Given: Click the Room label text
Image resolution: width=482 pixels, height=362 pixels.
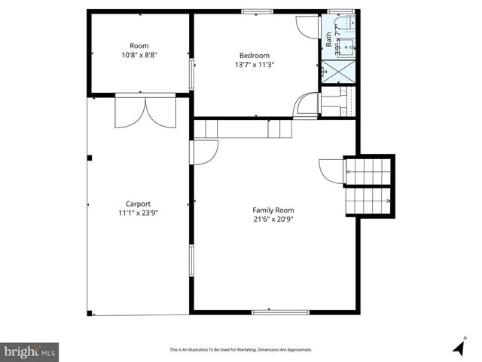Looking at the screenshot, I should coord(139,45).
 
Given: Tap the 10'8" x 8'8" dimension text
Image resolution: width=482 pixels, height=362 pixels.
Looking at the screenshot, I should coord(139,54).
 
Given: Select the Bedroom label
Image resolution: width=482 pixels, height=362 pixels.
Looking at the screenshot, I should coord(255,55).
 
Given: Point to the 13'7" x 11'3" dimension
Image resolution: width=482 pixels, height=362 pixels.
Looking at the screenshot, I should coord(255,64).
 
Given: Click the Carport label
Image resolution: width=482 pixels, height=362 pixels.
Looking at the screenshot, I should coord(138,204).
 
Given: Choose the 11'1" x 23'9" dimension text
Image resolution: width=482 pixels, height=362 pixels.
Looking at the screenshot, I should coord(138,213).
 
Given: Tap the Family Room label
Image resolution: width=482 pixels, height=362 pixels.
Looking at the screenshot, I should coord(273,210).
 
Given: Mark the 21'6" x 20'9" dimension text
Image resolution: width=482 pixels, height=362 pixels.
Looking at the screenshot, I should coord(273,219).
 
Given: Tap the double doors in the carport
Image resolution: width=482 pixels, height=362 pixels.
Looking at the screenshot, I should coord(145,112).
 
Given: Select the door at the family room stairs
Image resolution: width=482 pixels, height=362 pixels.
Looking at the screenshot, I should coord(331,169).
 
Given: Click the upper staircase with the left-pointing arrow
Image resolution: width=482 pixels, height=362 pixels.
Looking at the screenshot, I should coord(369,171).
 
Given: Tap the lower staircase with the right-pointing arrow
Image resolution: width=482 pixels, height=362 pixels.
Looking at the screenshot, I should coord(369,201).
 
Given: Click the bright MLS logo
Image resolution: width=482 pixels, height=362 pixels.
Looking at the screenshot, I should coord(29,351).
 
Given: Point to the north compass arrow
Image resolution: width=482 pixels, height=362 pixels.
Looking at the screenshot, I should coord(459,347).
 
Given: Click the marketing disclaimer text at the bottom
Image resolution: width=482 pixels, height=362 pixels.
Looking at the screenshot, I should coord(240,350).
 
